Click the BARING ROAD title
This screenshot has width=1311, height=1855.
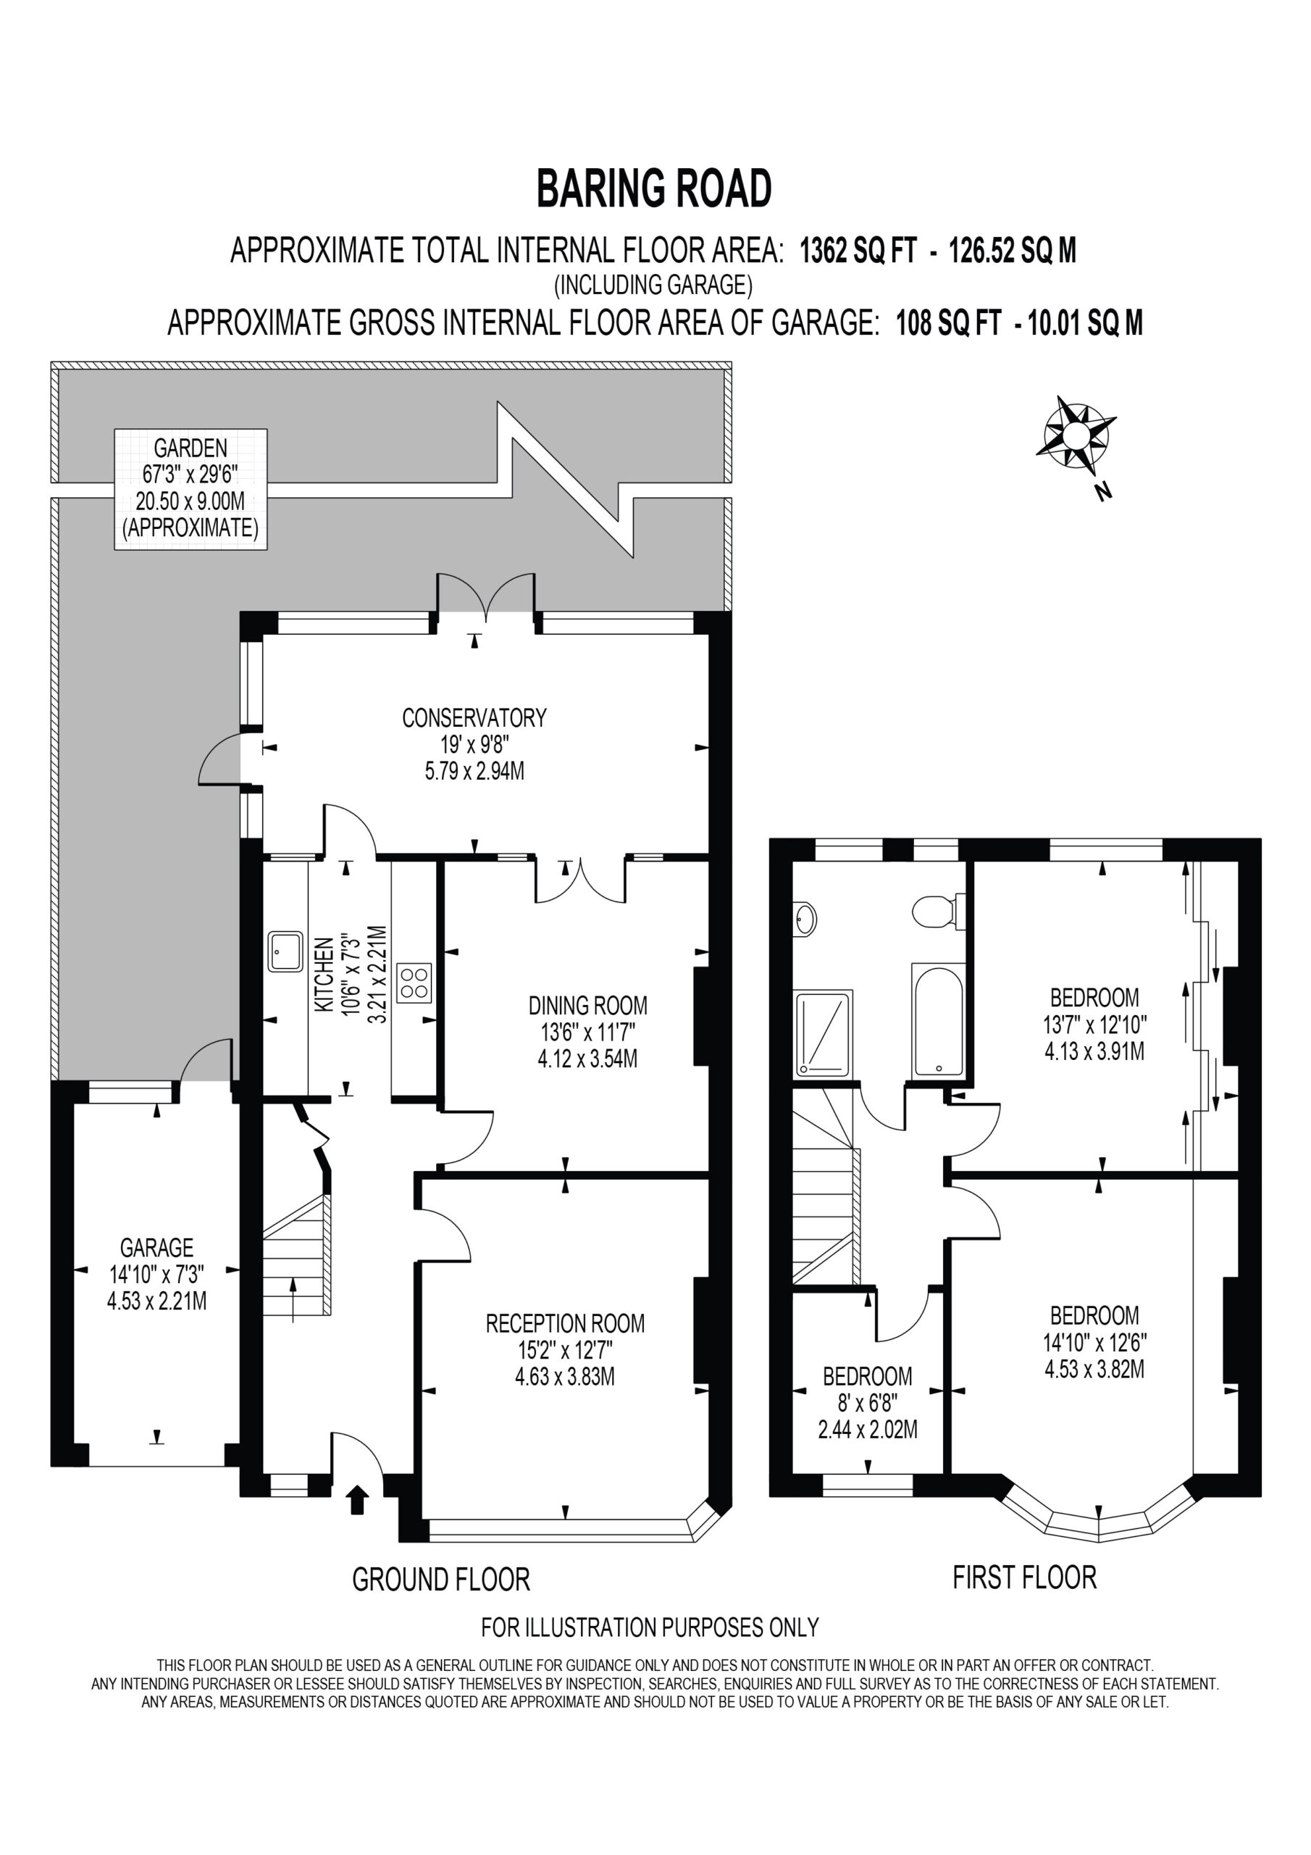click(654, 188)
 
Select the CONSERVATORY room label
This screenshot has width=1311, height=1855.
click(474, 717)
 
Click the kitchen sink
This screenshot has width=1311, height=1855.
click(286, 953)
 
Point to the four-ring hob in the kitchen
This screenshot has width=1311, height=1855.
click(414, 983)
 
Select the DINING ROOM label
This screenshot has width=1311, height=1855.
click(588, 1005)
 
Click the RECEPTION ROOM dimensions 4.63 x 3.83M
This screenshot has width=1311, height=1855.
click(565, 1377)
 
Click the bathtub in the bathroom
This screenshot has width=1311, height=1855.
click(939, 1020)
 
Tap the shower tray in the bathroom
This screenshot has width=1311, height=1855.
click(824, 1034)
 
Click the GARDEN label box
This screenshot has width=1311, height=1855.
click(190, 490)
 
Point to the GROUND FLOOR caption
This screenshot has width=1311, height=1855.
click(441, 1579)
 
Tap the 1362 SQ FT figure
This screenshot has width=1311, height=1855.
click(858, 251)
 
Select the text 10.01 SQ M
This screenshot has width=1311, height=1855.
click(1085, 323)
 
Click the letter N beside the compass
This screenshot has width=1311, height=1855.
click(1103, 491)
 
